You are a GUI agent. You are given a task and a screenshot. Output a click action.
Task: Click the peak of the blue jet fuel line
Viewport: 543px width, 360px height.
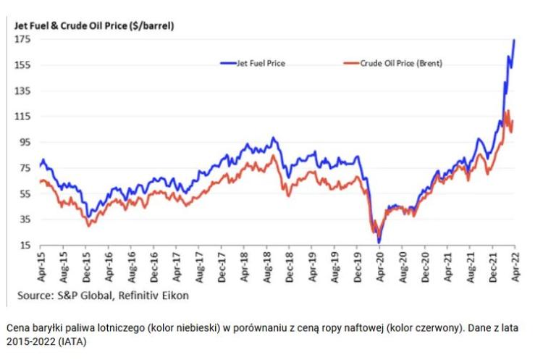click(514, 41)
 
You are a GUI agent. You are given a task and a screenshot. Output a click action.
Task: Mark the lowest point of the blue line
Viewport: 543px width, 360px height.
click(379, 242)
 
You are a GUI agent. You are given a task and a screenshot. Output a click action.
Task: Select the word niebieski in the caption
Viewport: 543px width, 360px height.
click(198, 328)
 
